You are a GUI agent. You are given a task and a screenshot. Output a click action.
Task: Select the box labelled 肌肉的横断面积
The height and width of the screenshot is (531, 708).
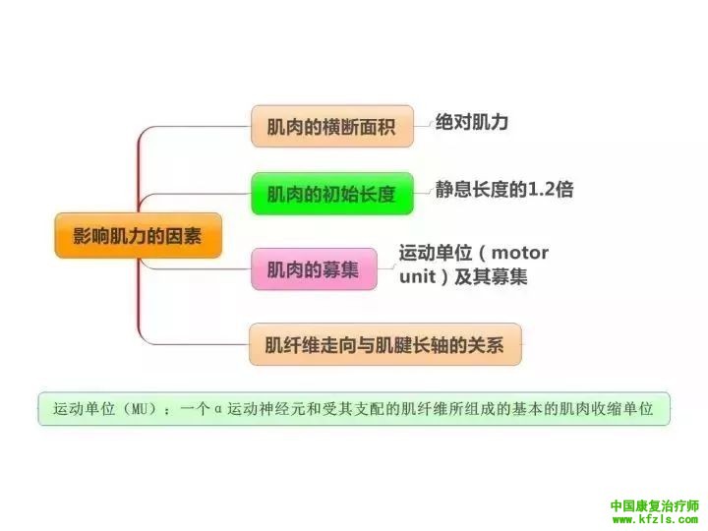click(x=330, y=126)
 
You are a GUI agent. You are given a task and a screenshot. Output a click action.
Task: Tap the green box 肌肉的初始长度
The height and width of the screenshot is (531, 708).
click(x=330, y=194)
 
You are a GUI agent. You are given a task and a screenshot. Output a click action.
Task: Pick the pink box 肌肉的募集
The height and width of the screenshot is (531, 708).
click(x=314, y=269)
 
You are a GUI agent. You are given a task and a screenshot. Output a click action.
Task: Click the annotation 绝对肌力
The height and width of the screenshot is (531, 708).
click(x=473, y=122)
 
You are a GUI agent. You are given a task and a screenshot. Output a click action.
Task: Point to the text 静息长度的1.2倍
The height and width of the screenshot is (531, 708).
click(x=503, y=190)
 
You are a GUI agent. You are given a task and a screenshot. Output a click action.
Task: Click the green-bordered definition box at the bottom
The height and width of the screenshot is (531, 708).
click(x=354, y=408)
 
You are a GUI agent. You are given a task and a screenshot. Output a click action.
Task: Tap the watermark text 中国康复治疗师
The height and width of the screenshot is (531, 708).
click(x=653, y=506)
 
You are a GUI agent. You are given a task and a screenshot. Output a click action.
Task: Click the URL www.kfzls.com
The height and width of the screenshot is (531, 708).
click(x=653, y=520)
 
